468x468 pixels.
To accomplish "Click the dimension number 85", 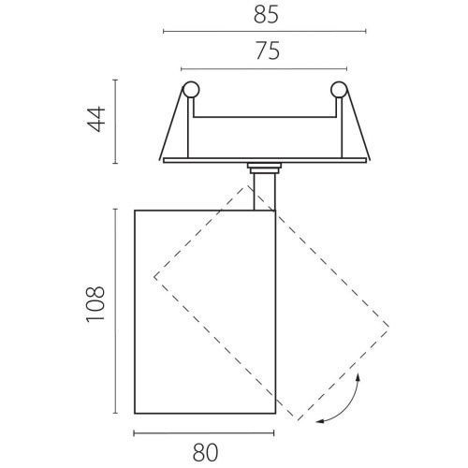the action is pyautogui.click(x=266, y=15).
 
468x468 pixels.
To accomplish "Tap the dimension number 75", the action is pyautogui.click(x=268, y=51).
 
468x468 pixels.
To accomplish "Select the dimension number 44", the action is pyautogui.click(x=96, y=119).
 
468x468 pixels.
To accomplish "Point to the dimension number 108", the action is pyautogui.click(x=95, y=304).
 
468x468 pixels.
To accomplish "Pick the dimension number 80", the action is pyautogui.click(x=205, y=453).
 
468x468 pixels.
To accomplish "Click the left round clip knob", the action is pyautogui.click(x=191, y=90).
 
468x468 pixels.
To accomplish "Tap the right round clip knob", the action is pyautogui.click(x=339, y=90).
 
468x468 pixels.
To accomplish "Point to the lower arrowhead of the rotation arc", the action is pyautogui.click(x=320, y=421).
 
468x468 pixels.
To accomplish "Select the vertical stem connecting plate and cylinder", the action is pyautogui.click(x=264, y=192).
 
